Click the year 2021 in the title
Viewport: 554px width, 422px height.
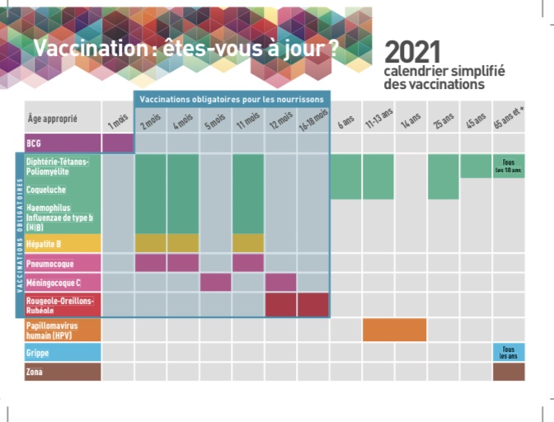pyautogui.click(x=412, y=52)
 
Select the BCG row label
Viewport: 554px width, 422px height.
pyautogui.click(x=62, y=143)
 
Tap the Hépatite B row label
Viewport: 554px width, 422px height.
pyautogui.click(x=62, y=243)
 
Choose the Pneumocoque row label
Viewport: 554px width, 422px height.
pyautogui.click(x=62, y=263)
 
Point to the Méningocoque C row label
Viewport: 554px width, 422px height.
pyautogui.click(x=62, y=283)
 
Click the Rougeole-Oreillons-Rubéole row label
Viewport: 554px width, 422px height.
pyautogui.click(x=62, y=304)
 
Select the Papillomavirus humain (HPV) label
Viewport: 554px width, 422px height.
pyautogui.click(x=62, y=331)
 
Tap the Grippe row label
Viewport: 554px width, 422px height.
pyautogui.click(x=62, y=351)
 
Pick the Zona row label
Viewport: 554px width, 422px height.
pyautogui.click(x=62, y=371)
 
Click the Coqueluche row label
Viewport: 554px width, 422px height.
pyautogui.click(x=62, y=189)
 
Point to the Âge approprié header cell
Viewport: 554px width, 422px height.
pyautogui.click(x=62, y=119)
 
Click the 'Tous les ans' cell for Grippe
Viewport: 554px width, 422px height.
pyautogui.click(x=509, y=351)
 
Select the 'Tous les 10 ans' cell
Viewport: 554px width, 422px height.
pyautogui.click(x=509, y=166)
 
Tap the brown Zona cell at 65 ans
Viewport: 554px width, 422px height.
pyautogui.click(x=509, y=371)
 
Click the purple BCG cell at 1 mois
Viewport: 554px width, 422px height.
pyautogui.click(x=118, y=143)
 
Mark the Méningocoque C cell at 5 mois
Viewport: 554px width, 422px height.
pyautogui.click(x=215, y=283)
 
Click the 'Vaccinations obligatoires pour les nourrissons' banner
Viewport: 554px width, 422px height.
pyautogui.click(x=232, y=99)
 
